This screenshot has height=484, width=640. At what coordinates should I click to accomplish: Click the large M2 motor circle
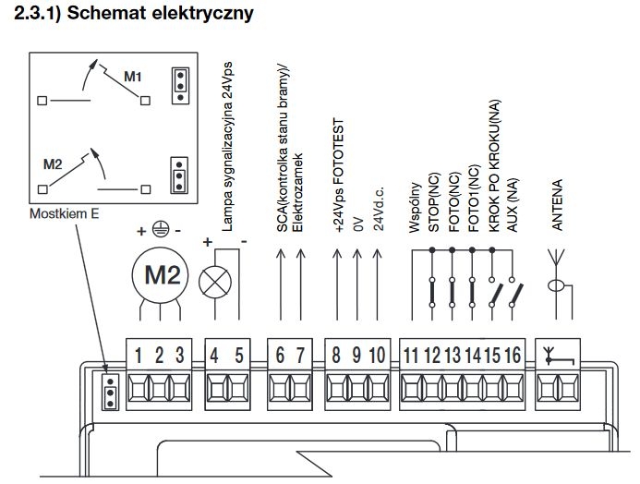coord(160,275)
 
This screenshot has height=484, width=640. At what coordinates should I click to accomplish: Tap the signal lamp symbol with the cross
coord(215,282)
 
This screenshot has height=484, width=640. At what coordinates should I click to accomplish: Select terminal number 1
coord(139,355)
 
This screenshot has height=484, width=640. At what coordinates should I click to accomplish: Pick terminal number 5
coord(239,355)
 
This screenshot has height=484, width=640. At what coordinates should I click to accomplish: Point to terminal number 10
coord(377,355)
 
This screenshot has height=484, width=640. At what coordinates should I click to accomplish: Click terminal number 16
coord(513,355)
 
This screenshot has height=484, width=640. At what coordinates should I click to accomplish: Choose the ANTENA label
coord(557,204)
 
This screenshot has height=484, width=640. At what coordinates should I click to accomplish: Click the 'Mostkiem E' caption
coord(64,213)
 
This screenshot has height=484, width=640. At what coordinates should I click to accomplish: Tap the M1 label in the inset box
coord(133,77)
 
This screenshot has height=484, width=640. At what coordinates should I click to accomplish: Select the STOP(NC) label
coord(433,202)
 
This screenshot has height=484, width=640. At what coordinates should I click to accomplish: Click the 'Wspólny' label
coord(415,207)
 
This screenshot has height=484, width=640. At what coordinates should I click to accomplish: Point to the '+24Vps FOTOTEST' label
coord(338,175)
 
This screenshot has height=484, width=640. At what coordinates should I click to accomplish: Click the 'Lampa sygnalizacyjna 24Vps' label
coord(227,147)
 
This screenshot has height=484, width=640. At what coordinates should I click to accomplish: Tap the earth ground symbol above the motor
coord(161,229)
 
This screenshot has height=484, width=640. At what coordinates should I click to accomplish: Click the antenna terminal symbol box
coord(558,357)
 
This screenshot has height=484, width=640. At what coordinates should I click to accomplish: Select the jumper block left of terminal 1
coord(110,392)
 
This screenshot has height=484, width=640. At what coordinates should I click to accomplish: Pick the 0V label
coord(358,224)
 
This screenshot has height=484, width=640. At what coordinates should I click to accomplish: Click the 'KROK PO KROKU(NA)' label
coord(494,166)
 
